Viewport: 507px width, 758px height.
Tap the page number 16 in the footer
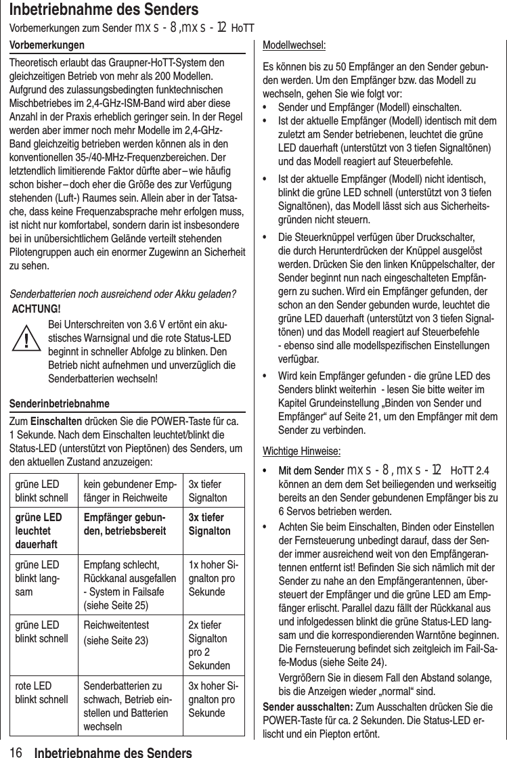coord(17,752)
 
